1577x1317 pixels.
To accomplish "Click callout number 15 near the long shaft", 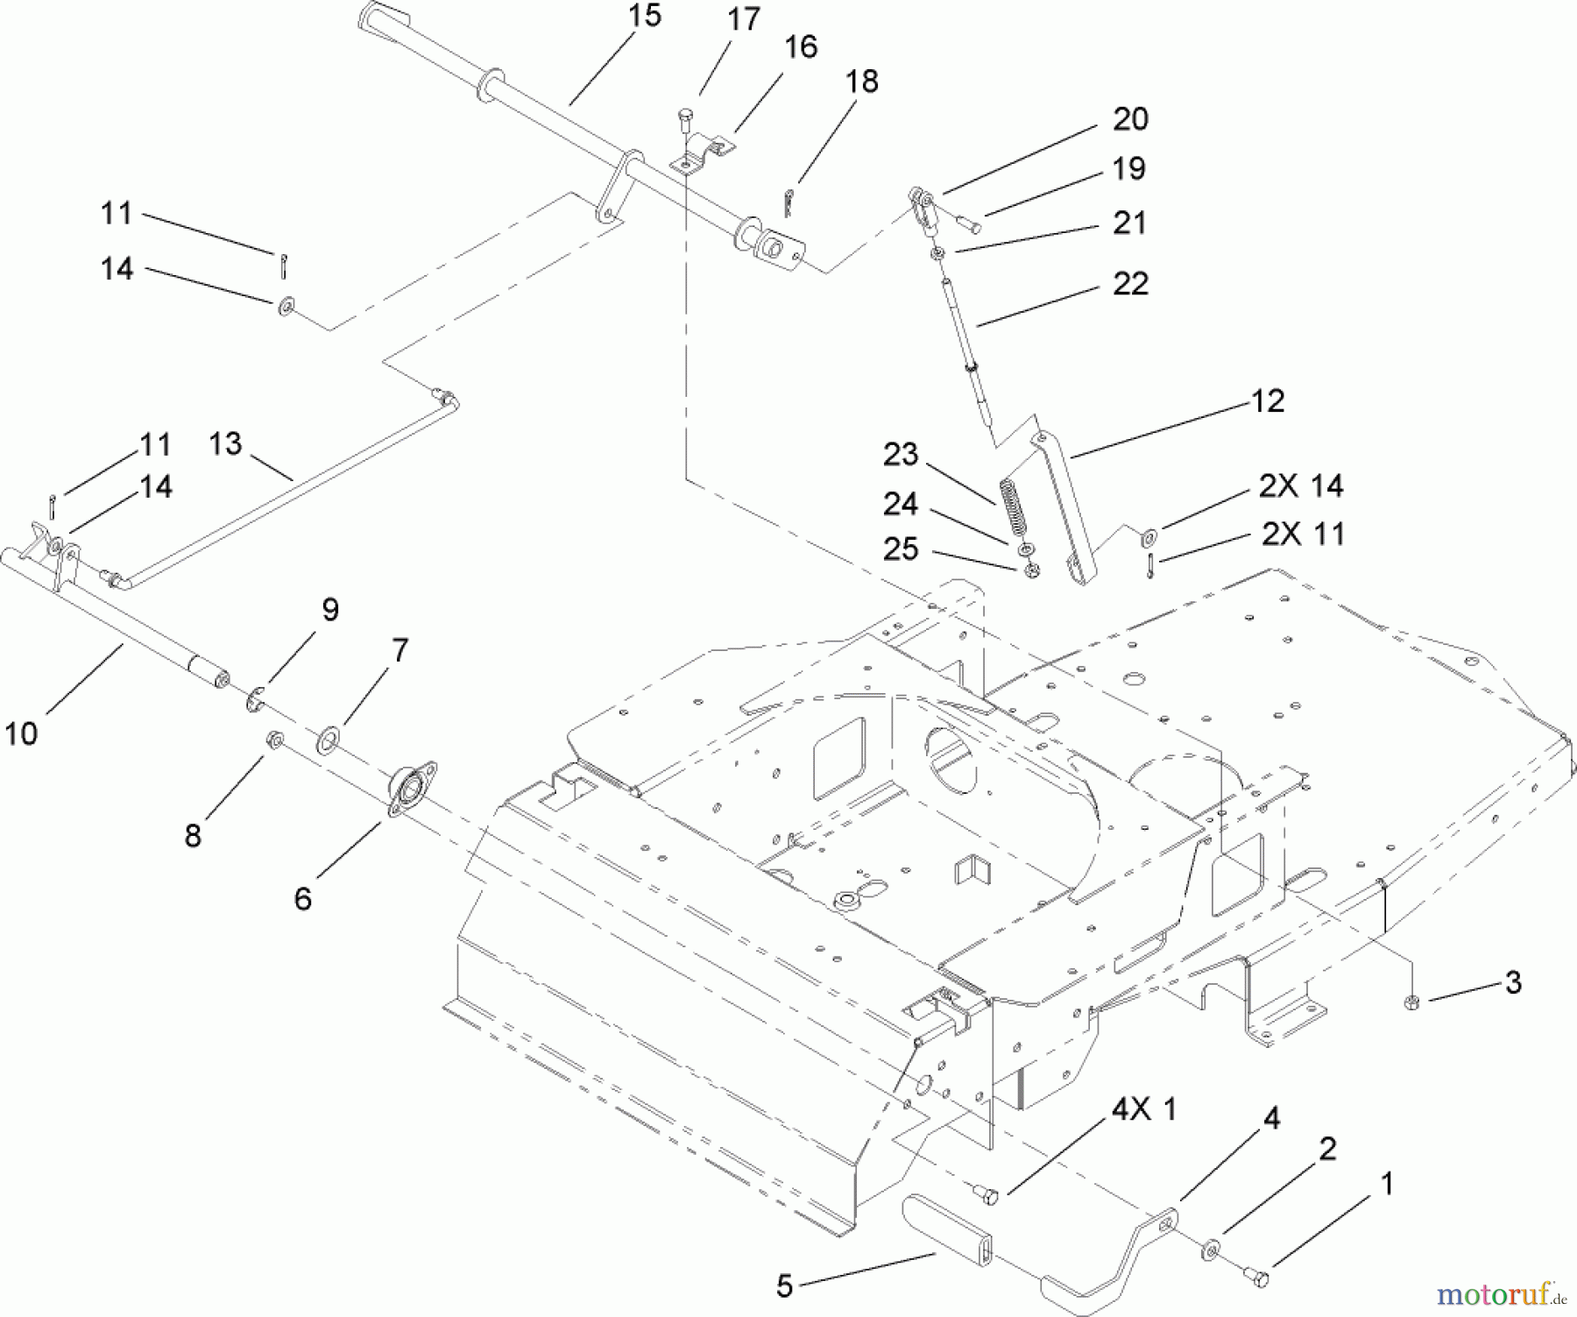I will coord(645,17).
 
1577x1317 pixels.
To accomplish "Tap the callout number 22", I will coord(1129,285).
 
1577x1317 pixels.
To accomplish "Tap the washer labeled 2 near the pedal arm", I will coord(1213,1248).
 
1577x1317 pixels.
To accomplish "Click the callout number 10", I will coord(21,733).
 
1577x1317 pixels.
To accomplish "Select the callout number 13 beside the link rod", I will coord(225,443).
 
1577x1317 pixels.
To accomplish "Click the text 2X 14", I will coord(1300,485).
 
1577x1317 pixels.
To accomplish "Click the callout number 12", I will coord(1268,400).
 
